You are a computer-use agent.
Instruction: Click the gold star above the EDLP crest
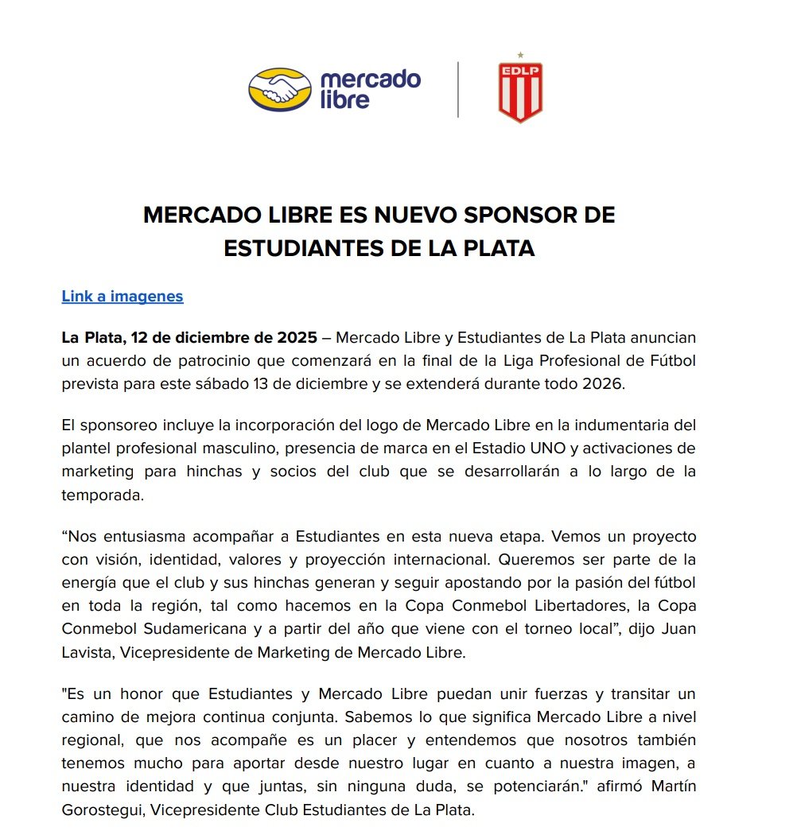(x=520, y=56)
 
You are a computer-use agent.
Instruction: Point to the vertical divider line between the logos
(x=458, y=90)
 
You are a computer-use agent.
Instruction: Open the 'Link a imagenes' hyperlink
(x=122, y=297)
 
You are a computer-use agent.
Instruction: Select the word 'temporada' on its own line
(x=103, y=494)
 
